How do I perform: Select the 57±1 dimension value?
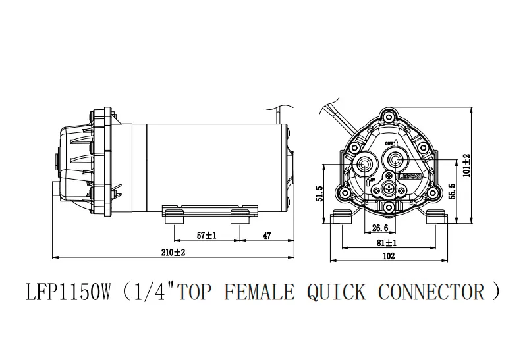click(x=207, y=234)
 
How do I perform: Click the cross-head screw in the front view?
click(x=389, y=190)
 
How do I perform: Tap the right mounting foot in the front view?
click(x=437, y=218)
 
